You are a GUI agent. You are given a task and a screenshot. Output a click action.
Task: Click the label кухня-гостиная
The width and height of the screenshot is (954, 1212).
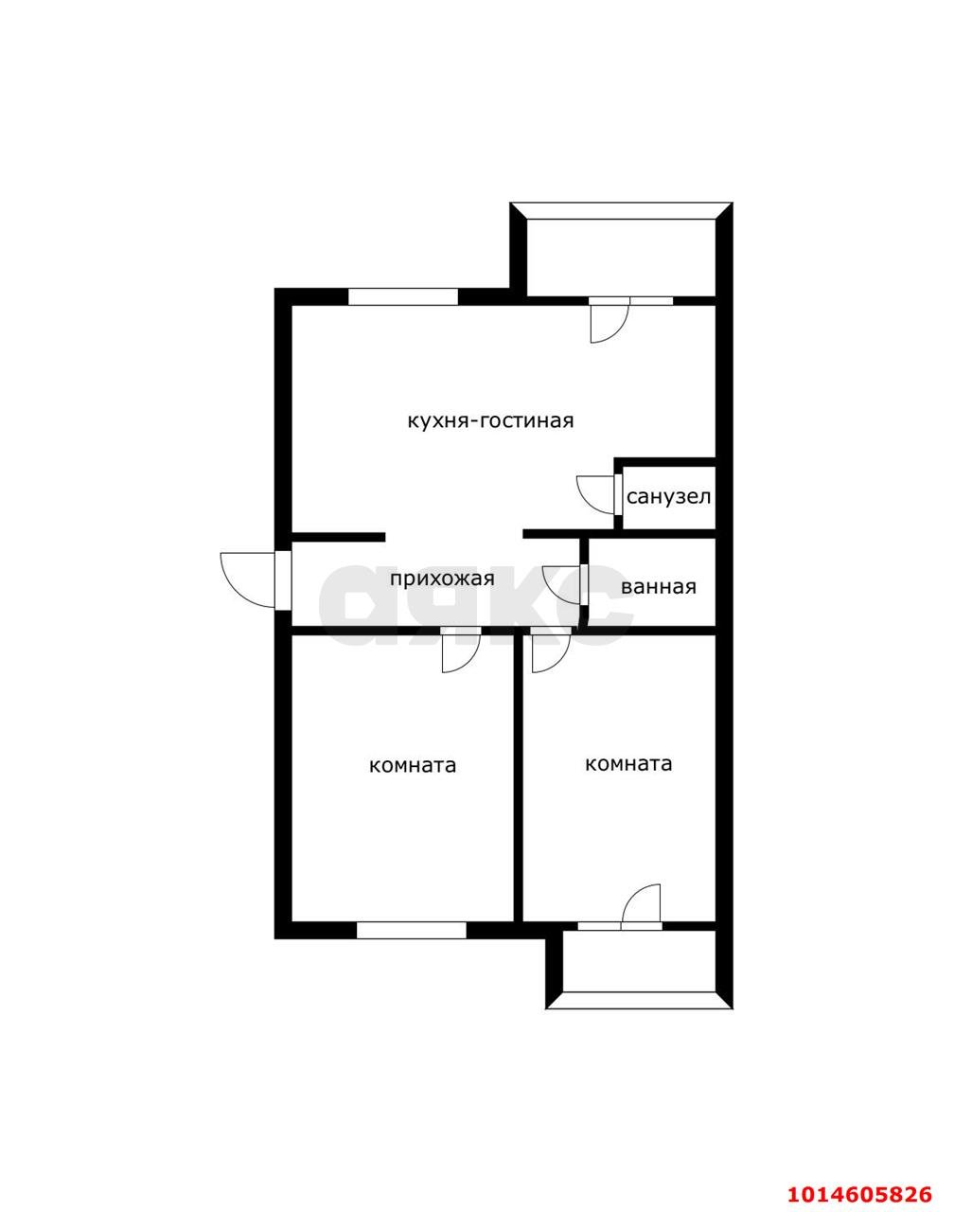pyautogui.click(x=490, y=420)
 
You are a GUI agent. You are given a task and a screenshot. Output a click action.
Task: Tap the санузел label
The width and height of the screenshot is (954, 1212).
pyautogui.click(x=668, y=497)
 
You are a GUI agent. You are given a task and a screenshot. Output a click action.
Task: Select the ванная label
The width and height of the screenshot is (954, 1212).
pyautogui.click(x=659, y=587)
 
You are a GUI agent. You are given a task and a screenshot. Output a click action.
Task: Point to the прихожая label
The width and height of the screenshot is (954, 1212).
pyautogui.click(x=442, y=579)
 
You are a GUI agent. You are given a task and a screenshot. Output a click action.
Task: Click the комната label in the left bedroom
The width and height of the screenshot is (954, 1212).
pyautogui.click(x=413, y=766)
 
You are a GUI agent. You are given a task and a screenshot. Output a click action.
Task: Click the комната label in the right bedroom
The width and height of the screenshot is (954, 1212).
pyautogui.click(x=628, y=764)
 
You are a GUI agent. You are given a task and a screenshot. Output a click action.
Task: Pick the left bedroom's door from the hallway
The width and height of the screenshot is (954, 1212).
pyautogui.click(x=461, y=652)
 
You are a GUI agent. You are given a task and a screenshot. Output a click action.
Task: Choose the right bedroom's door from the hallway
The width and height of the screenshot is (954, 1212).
pyautogui.click(x=551, y=652)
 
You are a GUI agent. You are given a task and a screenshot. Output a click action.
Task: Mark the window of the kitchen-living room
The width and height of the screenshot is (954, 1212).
pyautogui.click(x=403, y=296)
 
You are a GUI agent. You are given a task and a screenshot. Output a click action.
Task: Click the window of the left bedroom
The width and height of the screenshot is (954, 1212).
pyautogui.click(x=412, y=931)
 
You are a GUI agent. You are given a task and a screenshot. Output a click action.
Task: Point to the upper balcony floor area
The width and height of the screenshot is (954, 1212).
pyautogui.click(x=621, y=258)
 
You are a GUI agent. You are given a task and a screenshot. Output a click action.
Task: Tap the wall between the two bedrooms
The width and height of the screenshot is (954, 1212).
pyautogui.click(x=518, y=777)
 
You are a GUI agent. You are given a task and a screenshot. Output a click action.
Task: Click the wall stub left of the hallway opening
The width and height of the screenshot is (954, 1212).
pyautogui.click(x=338, y=537)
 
